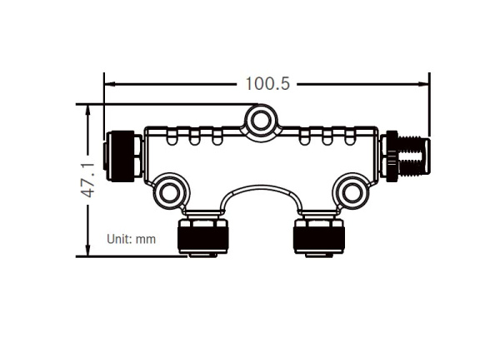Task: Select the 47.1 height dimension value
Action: tap(88, 180)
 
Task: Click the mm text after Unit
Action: tap(146, 239)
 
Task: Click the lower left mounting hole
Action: tap(170, 193)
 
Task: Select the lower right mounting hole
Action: tap(352, 193)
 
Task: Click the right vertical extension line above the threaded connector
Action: tap(429, 104)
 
